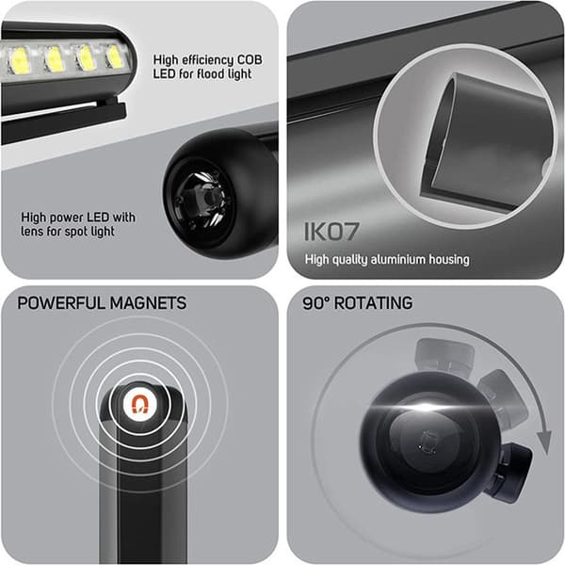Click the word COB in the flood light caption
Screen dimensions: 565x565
[x=249, y=60]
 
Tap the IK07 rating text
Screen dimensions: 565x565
[x=331, y=232]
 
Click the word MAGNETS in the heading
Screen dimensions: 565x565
[x=148, y=302]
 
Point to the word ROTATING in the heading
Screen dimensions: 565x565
[x=373, y=302]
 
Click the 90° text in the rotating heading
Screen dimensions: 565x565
[x=316, y=302]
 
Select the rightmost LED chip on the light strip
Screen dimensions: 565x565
[x=115, y=56]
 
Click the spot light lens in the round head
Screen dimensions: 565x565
[x=204, y=200]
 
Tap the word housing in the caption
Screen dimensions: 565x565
[x=449, y=260]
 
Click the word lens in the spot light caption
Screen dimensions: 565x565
[x=32, y=232]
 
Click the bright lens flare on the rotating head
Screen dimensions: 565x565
[x=425, y=408]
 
